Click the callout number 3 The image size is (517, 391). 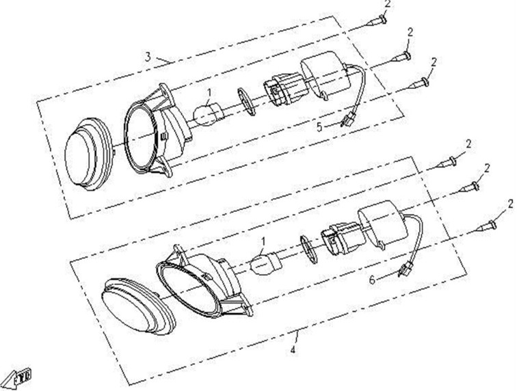148,56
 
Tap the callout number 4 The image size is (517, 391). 293,350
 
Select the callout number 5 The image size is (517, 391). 319,127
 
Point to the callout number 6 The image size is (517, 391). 372,280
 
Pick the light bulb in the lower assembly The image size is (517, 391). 266,260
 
